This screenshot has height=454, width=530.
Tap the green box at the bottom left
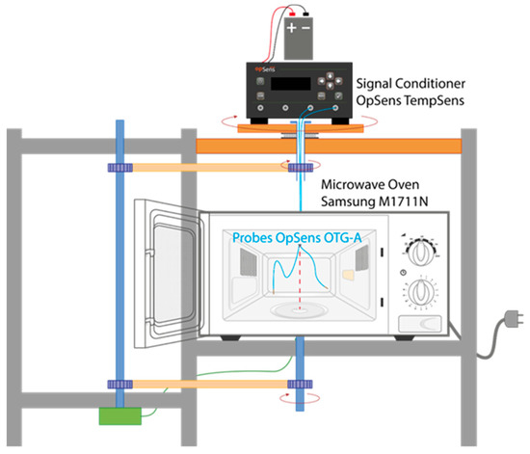[121, 415]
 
